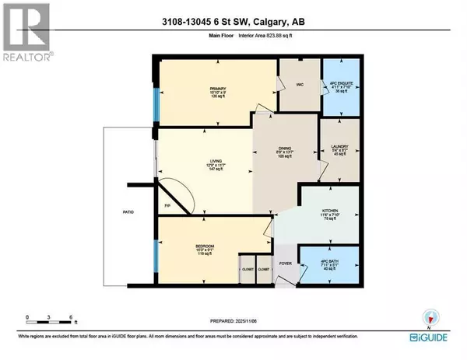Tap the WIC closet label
click(298, 86)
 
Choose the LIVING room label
click(204, 162)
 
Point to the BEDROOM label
click(203, 249)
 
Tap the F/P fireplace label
click(167, 206)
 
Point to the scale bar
click(49, 322)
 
